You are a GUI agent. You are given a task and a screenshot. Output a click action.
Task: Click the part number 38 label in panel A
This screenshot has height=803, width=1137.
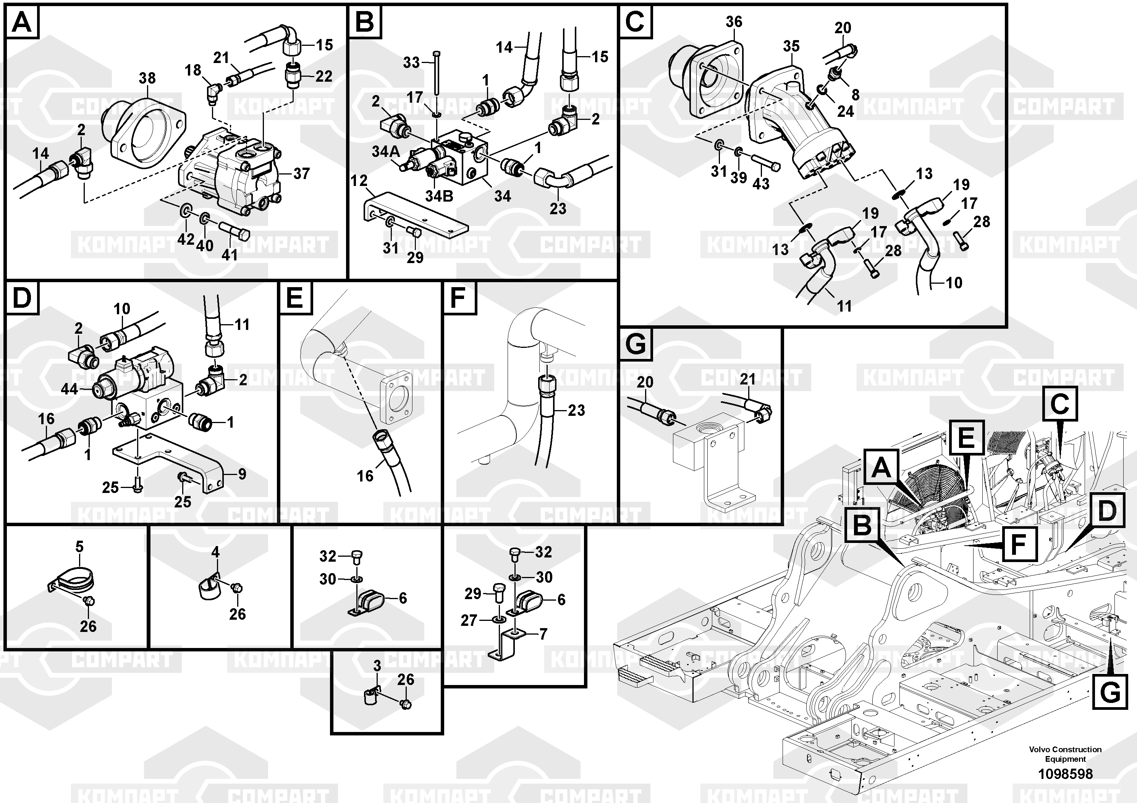[147, 78]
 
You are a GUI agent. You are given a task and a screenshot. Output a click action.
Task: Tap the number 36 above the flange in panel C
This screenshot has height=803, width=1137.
[734, 22]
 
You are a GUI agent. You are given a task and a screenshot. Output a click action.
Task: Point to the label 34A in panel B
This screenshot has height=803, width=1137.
[386, 152]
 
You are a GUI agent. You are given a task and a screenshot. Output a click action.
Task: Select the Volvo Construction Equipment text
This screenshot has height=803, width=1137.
[1065, 754]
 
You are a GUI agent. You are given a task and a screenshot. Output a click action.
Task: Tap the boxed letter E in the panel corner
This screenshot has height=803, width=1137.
[295, 299]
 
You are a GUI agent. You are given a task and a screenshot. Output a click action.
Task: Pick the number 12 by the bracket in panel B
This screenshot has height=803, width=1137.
[359, 181]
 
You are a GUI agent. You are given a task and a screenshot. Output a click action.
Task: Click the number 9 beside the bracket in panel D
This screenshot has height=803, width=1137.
[242, 474]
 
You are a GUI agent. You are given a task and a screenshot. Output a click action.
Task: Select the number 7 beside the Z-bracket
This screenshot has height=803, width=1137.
[543, 634]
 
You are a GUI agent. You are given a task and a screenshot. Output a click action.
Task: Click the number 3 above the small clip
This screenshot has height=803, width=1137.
[377, 666]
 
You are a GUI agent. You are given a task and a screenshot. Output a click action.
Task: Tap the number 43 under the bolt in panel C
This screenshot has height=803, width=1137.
[761, 184]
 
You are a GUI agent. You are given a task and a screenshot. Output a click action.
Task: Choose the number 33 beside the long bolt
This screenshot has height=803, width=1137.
[411, 63]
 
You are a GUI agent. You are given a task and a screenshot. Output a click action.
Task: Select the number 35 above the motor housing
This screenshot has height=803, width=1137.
[791, 46]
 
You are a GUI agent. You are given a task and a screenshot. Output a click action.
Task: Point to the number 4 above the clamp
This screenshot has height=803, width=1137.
[215, 551]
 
